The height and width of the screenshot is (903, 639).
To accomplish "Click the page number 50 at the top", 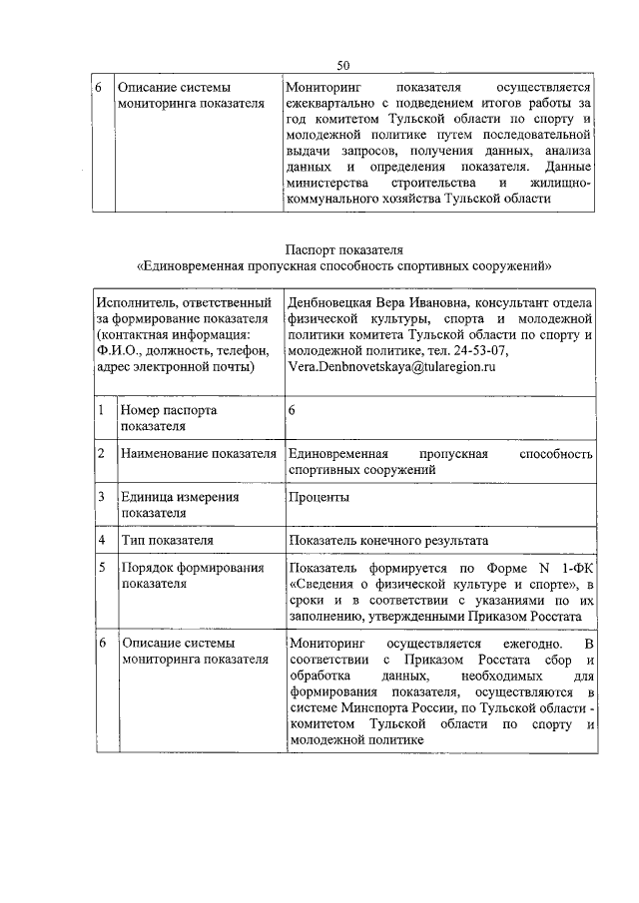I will point(342,66).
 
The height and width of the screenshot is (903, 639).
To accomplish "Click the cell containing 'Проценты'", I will point(319,497).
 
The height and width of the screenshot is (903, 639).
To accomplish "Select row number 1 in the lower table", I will point(102,410).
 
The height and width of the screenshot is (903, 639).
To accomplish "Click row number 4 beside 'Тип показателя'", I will point(102,541).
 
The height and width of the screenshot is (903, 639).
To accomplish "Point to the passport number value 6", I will point(292,410).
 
